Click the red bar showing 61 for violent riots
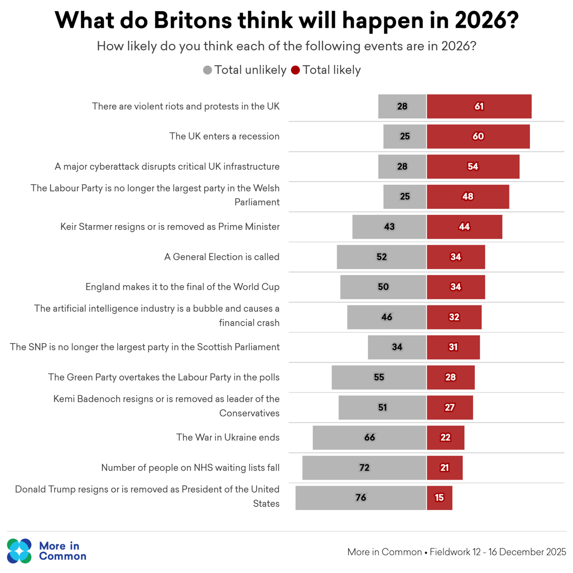(x=479, y=106)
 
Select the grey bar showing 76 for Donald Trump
(x=361, y=498)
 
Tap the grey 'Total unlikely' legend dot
(x=207, y=70)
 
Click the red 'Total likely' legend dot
(x=295, y=70)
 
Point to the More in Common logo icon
(x=19, y=550)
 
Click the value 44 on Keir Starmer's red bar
(x=464, y=227)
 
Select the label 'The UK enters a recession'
(x=224, y=137)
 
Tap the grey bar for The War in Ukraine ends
(x=369, y=437)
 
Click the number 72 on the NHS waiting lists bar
(x=364, y=468)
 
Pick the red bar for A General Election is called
(x=455, y=257)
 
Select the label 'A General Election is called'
(x=222, y=257)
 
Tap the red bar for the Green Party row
(x=450, y=377)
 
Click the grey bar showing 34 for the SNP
(x=397, y=347)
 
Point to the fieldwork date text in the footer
(x=498, y=552)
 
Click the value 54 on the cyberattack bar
(x=473, y=166)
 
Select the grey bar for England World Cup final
(x=383, y=287)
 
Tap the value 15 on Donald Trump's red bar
(x=439, y=498)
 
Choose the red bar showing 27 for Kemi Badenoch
(x=450, y=407)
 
